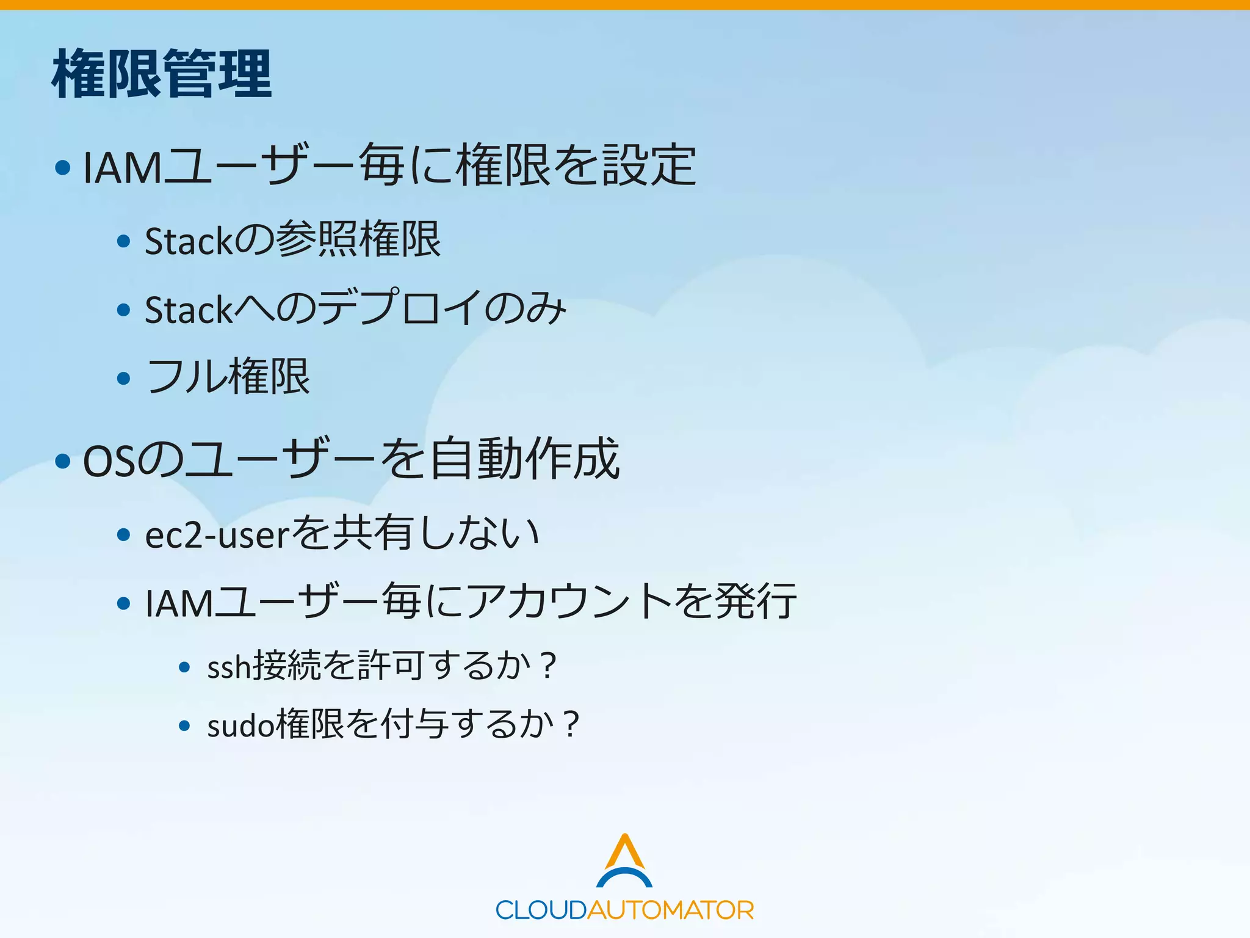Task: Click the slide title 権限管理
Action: [162, 75]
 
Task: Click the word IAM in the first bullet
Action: [122, 167]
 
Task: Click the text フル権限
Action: [228, 377]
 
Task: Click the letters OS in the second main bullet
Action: [109, 461]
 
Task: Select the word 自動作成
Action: [524, 459]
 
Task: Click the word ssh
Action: [229, 667]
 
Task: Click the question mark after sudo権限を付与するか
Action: [571, 725]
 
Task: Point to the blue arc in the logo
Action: [624, 876]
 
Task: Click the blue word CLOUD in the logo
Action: [541, 911]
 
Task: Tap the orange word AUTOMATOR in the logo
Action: [670, 911]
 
